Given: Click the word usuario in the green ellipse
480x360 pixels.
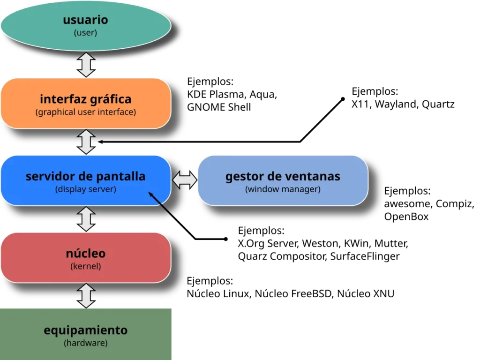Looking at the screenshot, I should point(85,20).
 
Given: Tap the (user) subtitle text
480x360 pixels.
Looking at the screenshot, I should point(85,33).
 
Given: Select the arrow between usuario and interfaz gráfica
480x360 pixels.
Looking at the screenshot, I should point(86,65).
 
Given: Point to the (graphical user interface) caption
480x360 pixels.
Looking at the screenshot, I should point(86,112).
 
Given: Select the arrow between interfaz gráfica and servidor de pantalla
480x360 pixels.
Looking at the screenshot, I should point(86,142).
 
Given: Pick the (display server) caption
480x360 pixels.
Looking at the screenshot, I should point(86,190).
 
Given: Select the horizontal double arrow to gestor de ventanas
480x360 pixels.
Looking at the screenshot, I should point(185,180).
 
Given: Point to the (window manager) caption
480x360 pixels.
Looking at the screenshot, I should point(283,190).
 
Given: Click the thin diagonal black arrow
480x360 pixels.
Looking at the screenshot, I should point(162,205).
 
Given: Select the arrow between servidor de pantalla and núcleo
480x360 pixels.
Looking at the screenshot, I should point(86,219).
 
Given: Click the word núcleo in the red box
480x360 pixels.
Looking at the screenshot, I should point(86,254).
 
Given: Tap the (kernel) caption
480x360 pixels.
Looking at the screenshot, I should point(86,266).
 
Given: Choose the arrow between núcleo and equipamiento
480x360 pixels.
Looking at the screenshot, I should point(86,295).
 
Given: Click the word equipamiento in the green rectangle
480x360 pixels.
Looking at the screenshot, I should point(86,330).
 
